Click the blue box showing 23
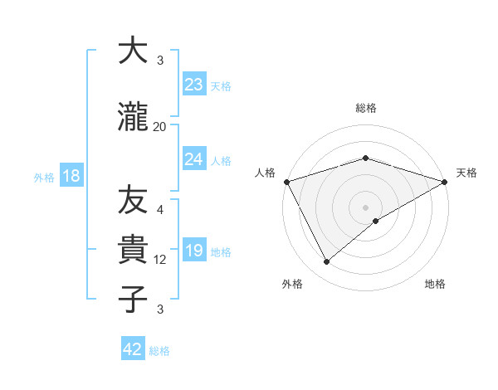click(x=193, y=85)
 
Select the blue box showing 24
click(x=193, y=159)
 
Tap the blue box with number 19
click(x=193, y=251)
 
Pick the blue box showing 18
click(x=71, y=177)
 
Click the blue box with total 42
click(x=133, y=349)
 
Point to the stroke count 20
click(x=160, y=126)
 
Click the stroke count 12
click(x=160, y=260)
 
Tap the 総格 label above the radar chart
click(x=365, y=108)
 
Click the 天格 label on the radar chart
click(x=466, y=173)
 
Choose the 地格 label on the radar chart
click(x=435, y=284)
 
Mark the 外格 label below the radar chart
click(x=292, y=284)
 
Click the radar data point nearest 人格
click(x=286, y=182)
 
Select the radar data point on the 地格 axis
click(x=376, y=221)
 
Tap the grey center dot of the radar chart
click(x=365, y=207)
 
